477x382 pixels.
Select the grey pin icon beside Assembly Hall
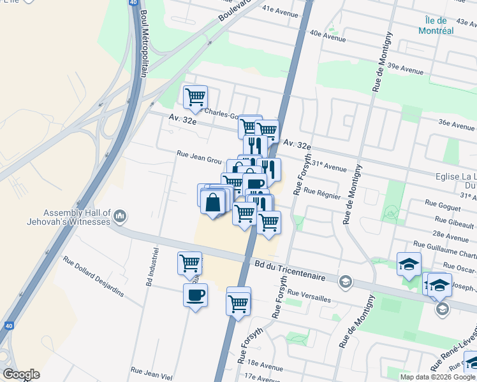coord(120,218)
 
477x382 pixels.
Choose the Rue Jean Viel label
coord(151,373)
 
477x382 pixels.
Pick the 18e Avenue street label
coord(265,367)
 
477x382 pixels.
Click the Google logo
coord(21,374)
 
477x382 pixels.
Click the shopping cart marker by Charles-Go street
coord(195,97)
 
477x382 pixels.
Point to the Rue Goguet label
coord(443,204)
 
